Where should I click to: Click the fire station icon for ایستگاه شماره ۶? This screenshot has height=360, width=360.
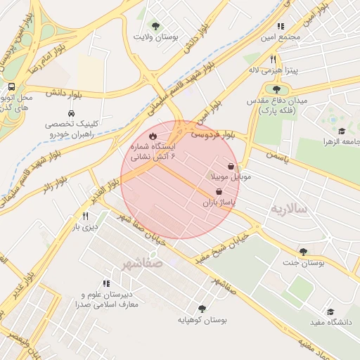tap(153, 136)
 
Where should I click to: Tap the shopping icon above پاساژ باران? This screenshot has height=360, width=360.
tap(218, 191)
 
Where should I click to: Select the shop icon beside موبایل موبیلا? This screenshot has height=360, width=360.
tap(231, 166)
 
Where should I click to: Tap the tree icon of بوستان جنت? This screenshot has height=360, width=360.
tap(303, 251)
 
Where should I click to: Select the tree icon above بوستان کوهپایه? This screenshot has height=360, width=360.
tap(202, 308)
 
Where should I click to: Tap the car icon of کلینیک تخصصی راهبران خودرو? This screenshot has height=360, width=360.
tap(71, 113)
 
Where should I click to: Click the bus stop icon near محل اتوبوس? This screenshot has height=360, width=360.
tap(11, 86)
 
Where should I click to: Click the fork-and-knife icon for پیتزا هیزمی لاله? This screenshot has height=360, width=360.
tap(273, 60)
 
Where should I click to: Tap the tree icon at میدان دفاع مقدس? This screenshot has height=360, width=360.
tap(276, 89)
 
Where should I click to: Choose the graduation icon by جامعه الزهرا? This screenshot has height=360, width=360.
tap(342, 131)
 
